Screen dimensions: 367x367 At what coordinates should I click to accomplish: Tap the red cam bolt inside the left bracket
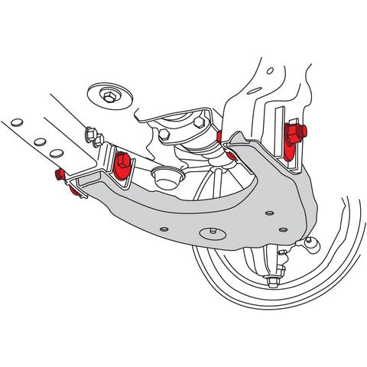tap(122, 164)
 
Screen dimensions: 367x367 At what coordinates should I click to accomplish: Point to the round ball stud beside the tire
tap(311, 244)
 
